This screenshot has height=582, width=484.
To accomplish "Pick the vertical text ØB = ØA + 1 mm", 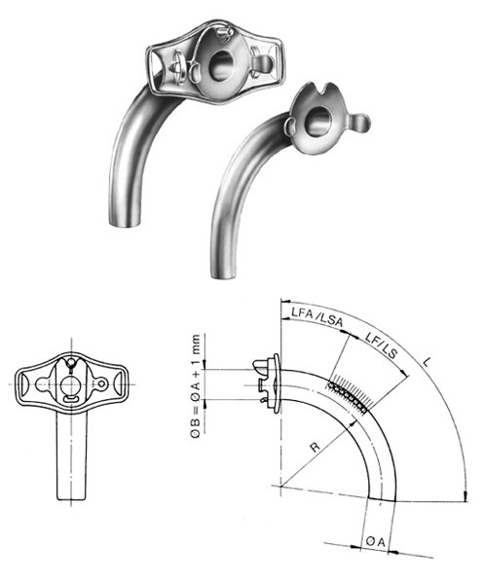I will [x=198, y=388].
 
